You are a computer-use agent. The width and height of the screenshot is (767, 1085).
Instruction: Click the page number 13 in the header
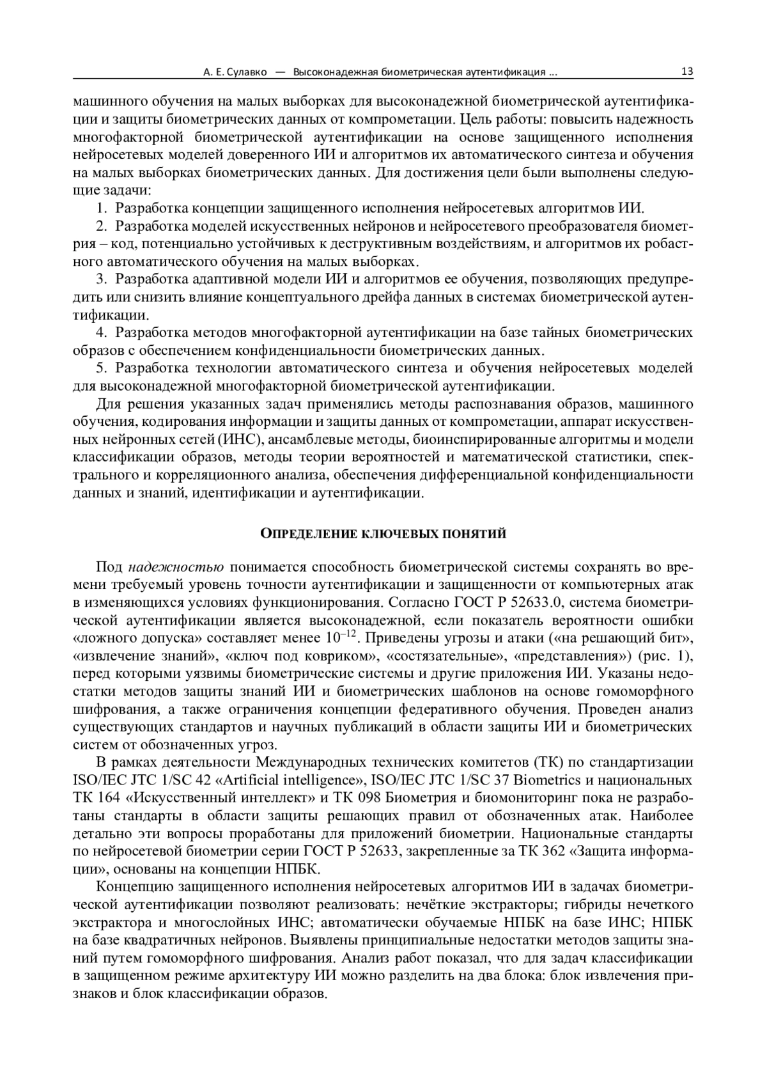(687, 72)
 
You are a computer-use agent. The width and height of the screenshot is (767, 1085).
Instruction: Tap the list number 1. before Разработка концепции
(101, 208)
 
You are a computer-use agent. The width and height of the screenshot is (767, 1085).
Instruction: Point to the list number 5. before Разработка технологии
(101, 368)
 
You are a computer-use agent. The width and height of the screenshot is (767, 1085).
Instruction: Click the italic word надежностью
(176, 567)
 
